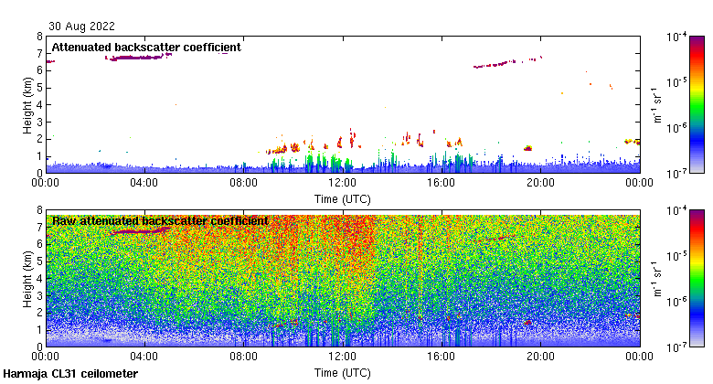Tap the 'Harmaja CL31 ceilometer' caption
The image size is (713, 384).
pos(70,374)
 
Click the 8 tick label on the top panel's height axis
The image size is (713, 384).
pos(39,37)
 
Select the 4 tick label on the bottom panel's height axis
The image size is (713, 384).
pos(39,278)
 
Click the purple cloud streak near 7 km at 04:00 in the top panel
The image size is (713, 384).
pos(137,58)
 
